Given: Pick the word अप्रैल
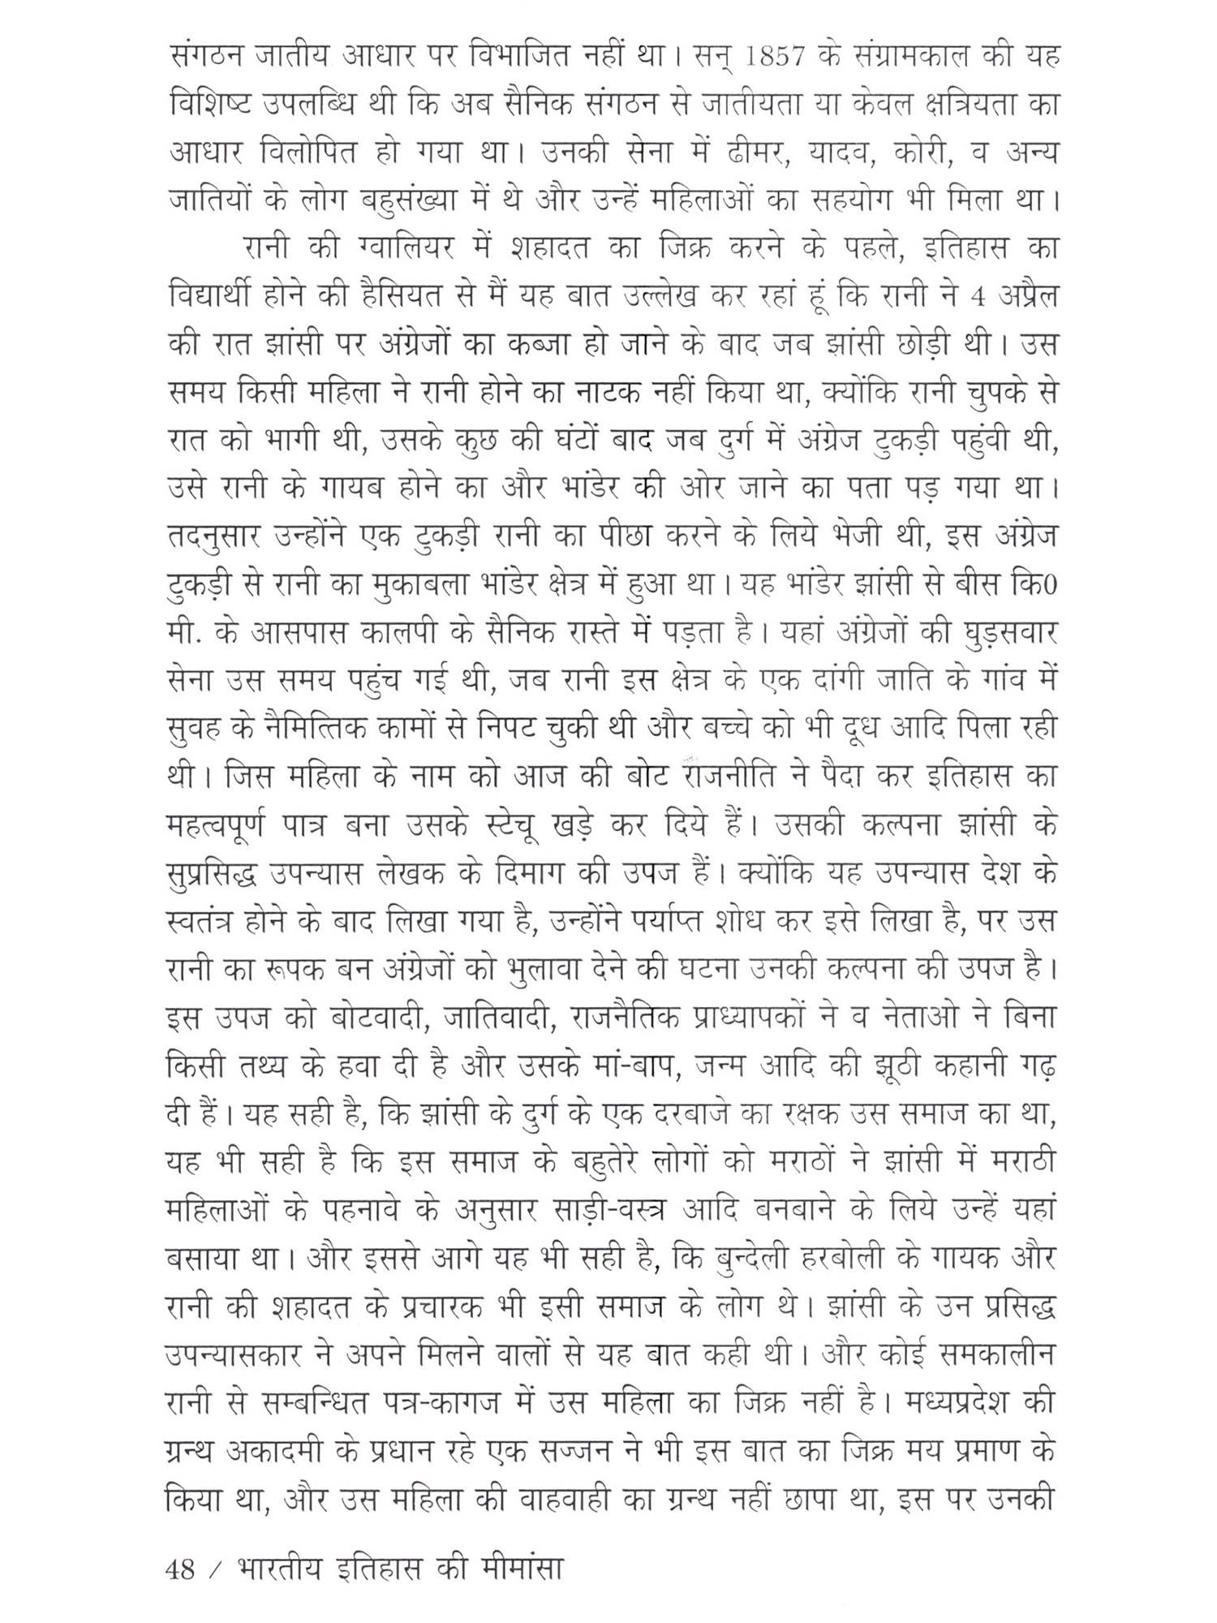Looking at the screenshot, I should (x=1025, y=298).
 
